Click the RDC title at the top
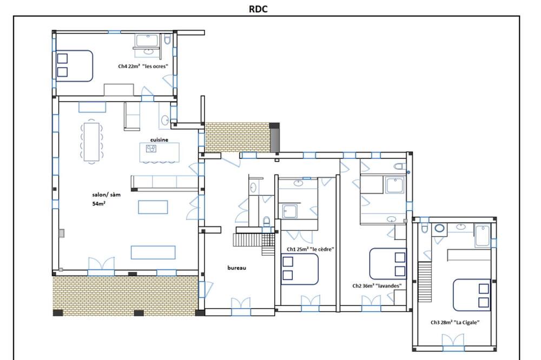click(258, 9)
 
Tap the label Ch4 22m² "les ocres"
click(143, 66)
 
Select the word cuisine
click(159, 139)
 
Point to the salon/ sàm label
click(106, 195)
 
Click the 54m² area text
click(98, 203)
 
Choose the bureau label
click(237, 268)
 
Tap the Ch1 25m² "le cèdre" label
click(311, 249)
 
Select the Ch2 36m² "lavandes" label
click(377, 285)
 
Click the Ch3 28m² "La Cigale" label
click(455, 322)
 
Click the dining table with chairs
click(91, 142)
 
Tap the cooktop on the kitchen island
click(151, 149)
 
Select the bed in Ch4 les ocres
click(74, 66)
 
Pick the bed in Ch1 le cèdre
click(300, 269)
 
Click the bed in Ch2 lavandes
click(388, 264)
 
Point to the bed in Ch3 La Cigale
click(472, 295)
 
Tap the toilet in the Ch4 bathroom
click(167, 39)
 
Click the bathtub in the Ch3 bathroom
click(483, 235)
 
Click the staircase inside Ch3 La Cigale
click(425, 282)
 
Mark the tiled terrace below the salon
click(126, 295)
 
